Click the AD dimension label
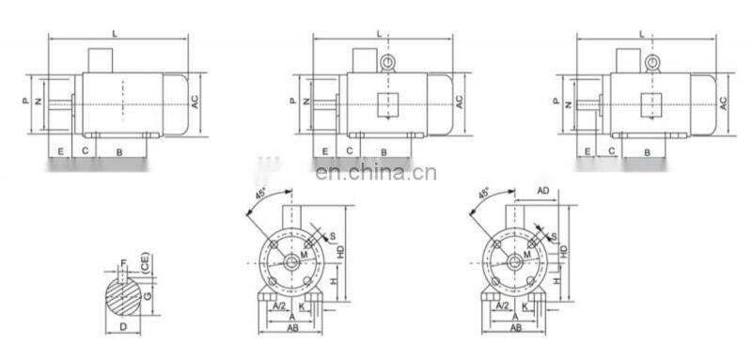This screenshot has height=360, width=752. coord(542,190)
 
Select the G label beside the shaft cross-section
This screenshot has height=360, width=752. coord(149,296)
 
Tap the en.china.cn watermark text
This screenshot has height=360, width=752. coord(374,172)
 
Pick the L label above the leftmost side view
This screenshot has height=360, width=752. coord(115,33)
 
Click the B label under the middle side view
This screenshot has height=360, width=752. coord(384,150)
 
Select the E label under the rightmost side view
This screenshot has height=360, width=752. coord(587,150)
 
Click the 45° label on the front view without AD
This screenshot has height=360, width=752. coord(260,195)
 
